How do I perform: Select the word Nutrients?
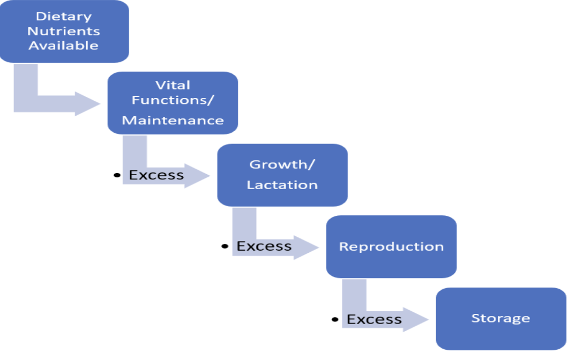click(64, 31)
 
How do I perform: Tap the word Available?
click(64, 46)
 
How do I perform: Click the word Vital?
click(173, 85)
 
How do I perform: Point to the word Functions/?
click(173, 100)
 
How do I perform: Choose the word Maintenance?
click(173, 120)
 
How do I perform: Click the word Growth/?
click(282, 164)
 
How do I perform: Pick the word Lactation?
click(282, 185)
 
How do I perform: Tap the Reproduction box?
click(391, 246)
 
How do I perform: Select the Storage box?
click(501, 319)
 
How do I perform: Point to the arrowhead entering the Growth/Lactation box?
click(197, 176)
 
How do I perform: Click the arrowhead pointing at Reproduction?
click(307, 247)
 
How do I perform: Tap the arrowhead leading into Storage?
click(416, 319)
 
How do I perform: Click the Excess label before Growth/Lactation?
click(156, 175)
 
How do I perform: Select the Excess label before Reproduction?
click(264, 246)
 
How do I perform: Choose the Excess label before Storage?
click(374, 319)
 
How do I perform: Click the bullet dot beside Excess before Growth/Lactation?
click(117, 175)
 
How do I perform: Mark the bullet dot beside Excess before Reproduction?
click(225, 246)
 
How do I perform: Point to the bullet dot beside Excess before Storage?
click(335, 319)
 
